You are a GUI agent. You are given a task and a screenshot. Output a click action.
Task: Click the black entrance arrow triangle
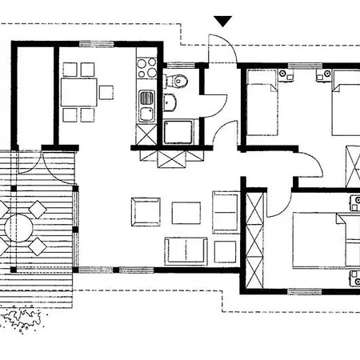click(x=223, y=22)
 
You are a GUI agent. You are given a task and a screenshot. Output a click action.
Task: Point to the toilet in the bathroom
click(x=178, y=81)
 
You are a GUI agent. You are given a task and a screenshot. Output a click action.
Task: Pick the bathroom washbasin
click(x=170, y=102)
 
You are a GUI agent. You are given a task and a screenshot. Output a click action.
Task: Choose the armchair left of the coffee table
click(x=146, y=212)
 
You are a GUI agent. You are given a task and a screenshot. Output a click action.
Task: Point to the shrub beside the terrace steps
click(x=22, y=320)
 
